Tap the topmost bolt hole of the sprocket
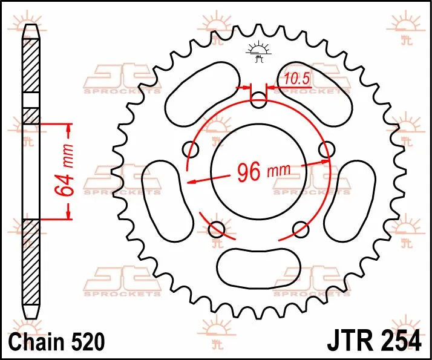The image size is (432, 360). pyautogui.click(x=259, y=100)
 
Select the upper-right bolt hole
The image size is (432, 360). pyautogui.click(x=327, y=149)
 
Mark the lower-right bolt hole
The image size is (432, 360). pyautogui.click(x=301, y=228)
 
